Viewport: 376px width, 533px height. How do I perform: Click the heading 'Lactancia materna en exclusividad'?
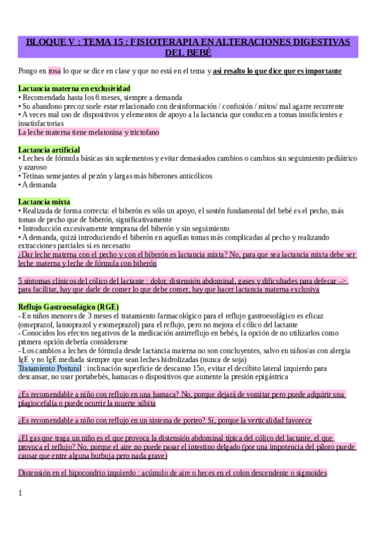[x=74, y=89]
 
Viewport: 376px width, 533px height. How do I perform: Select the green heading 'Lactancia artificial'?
[x=49, y=150]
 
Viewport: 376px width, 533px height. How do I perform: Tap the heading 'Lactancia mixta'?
[x=44, y=202]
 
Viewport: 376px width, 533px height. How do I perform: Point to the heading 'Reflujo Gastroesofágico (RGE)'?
[x=68, y=306]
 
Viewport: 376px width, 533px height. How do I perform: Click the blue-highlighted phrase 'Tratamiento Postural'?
[x=50, y=368]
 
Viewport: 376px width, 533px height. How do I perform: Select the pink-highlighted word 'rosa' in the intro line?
[x=55, y=71]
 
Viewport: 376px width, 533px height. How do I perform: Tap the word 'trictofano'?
[x=144, y=133]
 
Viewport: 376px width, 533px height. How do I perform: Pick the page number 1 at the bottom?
[x=20, y=493]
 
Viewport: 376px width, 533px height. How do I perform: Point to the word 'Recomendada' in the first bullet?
[x=43, y=97]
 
